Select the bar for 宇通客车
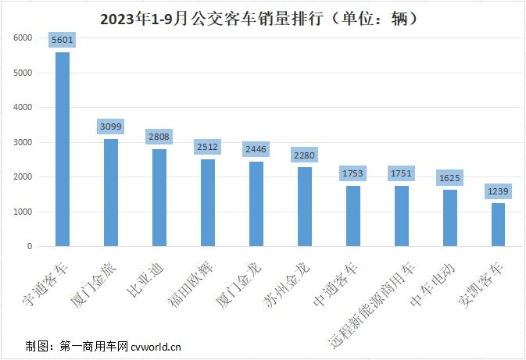click(x=62, y=148)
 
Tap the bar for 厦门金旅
click(x=111, y=192)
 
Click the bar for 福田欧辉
click(x=208, y=202)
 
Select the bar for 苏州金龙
click(x=305, y=206)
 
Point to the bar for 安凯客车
click(x=498, y=224)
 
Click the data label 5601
click(x=62, y=40)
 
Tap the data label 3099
click(x=111, y=127)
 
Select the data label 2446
click(x=256, y=149)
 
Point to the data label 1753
click(x=352, y=173)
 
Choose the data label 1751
click(x=401, y=173)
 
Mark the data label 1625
click(x=449, y=178)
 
